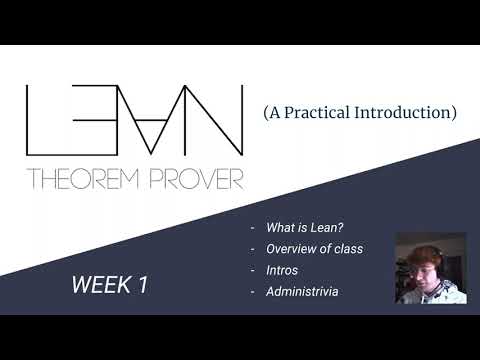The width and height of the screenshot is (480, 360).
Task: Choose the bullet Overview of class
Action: point(315,248)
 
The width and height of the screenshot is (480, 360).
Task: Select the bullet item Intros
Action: point(281,269)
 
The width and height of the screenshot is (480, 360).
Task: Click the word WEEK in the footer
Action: point(99,284)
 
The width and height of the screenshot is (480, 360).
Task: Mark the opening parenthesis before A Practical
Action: point(266,113)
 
